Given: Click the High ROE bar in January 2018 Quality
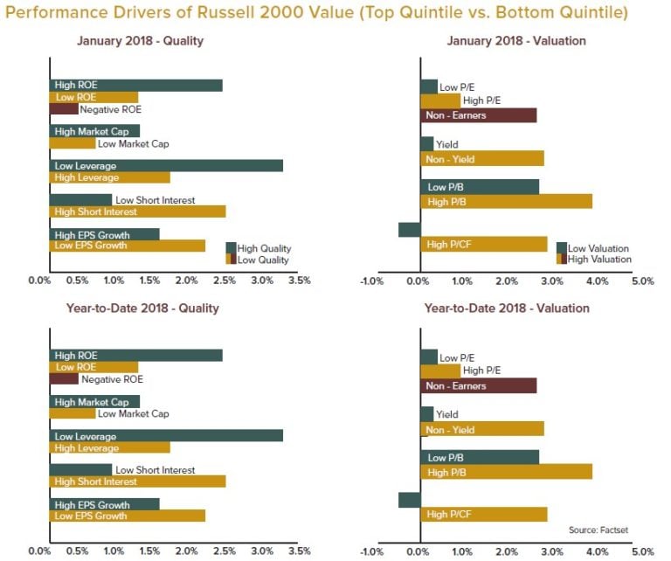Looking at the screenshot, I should tap(135, 85).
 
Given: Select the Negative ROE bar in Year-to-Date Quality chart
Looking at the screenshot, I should tap(64, 379).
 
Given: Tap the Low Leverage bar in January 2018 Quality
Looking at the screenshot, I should tap(166, 165).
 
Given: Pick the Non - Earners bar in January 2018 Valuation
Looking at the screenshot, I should tap(478, 115).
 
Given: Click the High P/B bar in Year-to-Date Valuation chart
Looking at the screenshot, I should tap(506, 472).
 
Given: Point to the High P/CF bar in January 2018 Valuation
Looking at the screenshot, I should tap(484, 244).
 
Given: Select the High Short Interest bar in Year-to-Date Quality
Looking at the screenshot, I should tap(137, 481).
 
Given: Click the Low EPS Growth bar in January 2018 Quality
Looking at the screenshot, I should tap(127, 246).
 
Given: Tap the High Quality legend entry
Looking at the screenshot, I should tap(263, 248).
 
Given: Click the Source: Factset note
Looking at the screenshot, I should tap(598, 530).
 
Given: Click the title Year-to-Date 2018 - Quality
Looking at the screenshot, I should tap(142, 308).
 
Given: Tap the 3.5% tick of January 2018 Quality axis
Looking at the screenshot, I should tap(299, 281).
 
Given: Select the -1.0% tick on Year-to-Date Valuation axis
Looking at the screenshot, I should tap(373, 551).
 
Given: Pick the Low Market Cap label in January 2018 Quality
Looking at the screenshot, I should tap(133, 143).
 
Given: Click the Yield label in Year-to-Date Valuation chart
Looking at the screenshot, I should tap(446, 415).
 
